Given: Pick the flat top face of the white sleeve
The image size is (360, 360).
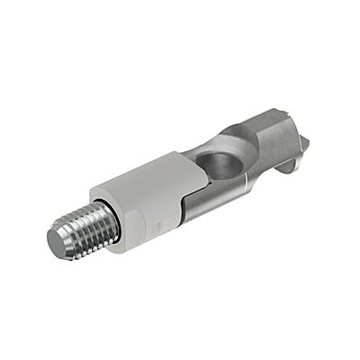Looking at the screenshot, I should tap(144, 175).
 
